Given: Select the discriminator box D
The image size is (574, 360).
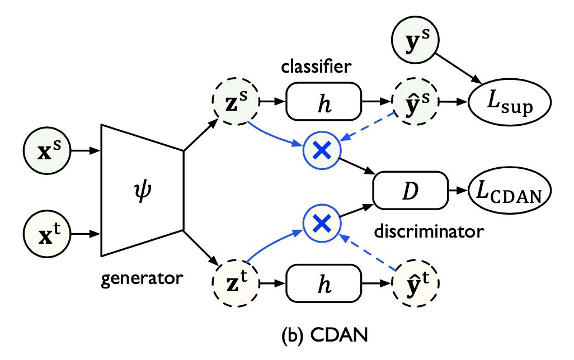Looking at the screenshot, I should click(x=411, y=190).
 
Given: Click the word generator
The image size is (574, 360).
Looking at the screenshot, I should click(x=142, y=278).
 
